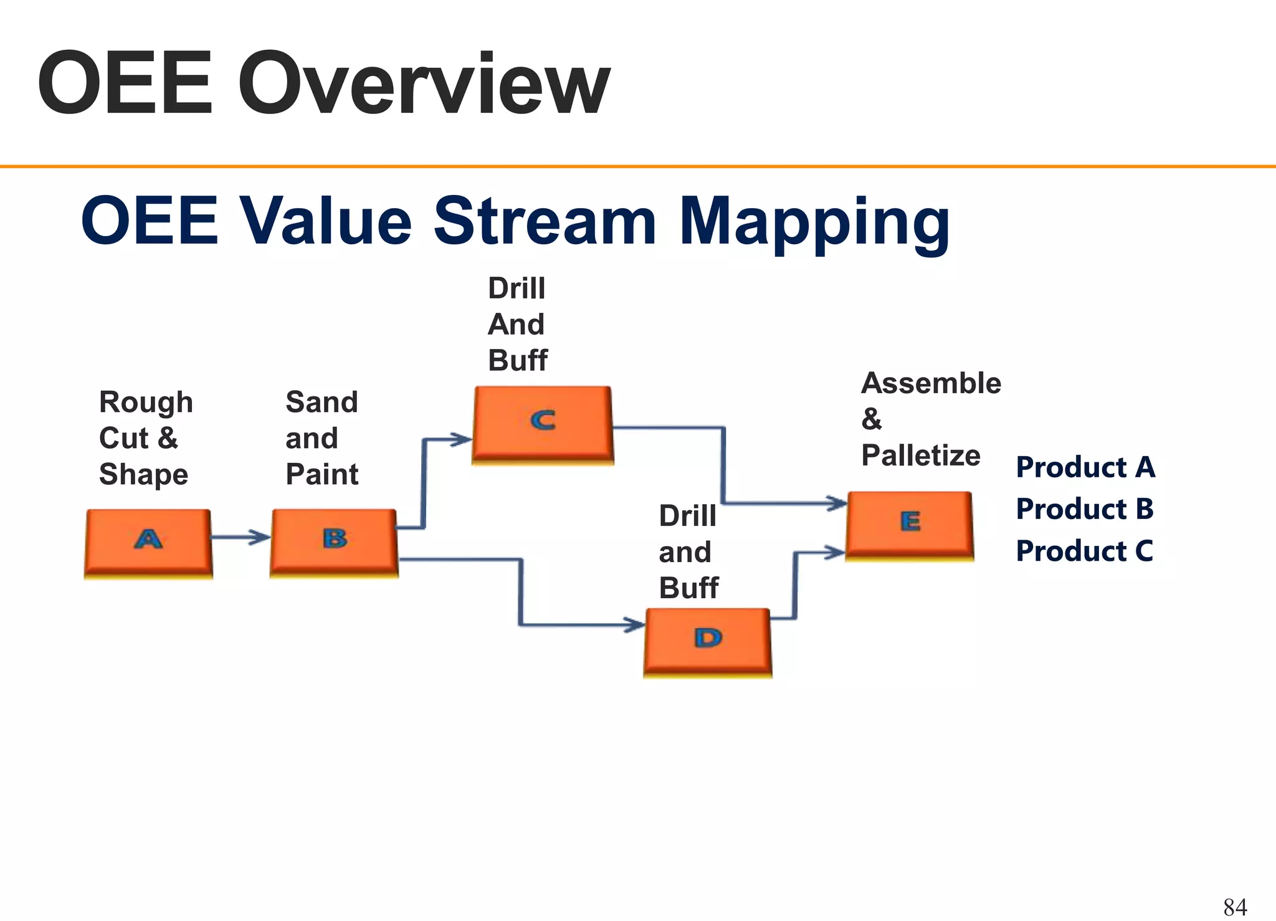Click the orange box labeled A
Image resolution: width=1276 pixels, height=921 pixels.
(148, 541)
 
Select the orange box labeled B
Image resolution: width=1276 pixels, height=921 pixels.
(334, 541)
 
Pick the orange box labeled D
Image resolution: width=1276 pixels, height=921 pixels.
(708, 641)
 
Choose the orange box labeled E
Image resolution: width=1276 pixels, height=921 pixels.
(910, 523)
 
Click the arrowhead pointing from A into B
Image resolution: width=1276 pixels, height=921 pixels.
(260, 537)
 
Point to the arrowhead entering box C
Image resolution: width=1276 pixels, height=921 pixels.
(462, 439)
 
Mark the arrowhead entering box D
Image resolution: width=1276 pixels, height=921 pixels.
(634, 624)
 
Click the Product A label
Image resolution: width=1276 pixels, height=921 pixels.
(1085, 467)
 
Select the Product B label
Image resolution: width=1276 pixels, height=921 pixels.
(1085, 509)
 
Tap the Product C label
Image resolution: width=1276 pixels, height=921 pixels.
(1084, 551)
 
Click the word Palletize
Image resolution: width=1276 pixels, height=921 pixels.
(920, 456)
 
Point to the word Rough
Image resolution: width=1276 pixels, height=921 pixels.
(146, 403)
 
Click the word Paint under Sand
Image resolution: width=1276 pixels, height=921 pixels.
(321, 475)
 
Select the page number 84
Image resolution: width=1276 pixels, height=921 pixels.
(1235, 907)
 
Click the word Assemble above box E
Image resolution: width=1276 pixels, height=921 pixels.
(931, 383)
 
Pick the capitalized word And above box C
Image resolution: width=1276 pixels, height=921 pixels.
(516, 325)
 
